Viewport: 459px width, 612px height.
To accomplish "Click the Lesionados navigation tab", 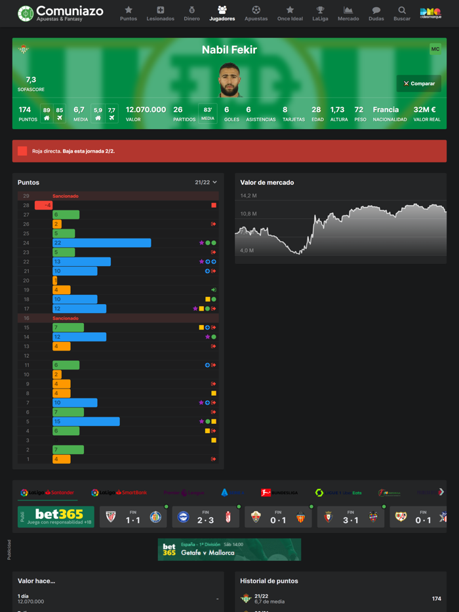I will point(160,13).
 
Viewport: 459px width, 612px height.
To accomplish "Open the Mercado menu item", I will point(348,13).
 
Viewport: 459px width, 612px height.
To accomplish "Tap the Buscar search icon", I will point(402,13).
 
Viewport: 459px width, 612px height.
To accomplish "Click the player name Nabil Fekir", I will point(229,50).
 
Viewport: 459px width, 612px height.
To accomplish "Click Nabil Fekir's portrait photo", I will point(229,80).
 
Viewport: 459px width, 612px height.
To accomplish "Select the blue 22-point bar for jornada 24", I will point(102,243).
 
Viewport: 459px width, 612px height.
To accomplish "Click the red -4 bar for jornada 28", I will point(44,205).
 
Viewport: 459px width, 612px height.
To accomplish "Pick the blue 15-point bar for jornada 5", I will point(86,421).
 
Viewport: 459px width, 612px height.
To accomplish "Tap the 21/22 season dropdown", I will point(205,182).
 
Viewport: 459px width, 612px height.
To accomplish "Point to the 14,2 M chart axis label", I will point(249,196).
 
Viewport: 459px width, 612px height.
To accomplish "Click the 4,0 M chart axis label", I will point(247,250).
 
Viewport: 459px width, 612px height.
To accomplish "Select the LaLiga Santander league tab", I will point(47,492).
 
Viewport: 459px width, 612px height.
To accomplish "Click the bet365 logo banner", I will point(56,516).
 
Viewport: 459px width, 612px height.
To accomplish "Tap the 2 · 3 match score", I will point(206,520).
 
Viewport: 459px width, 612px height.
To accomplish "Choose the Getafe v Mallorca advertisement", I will point(229,549).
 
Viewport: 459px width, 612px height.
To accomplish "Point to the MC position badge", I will point(435,49).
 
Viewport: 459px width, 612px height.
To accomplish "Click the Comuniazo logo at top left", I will point(60,13).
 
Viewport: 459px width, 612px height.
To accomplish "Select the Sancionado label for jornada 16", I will point(66,318).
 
